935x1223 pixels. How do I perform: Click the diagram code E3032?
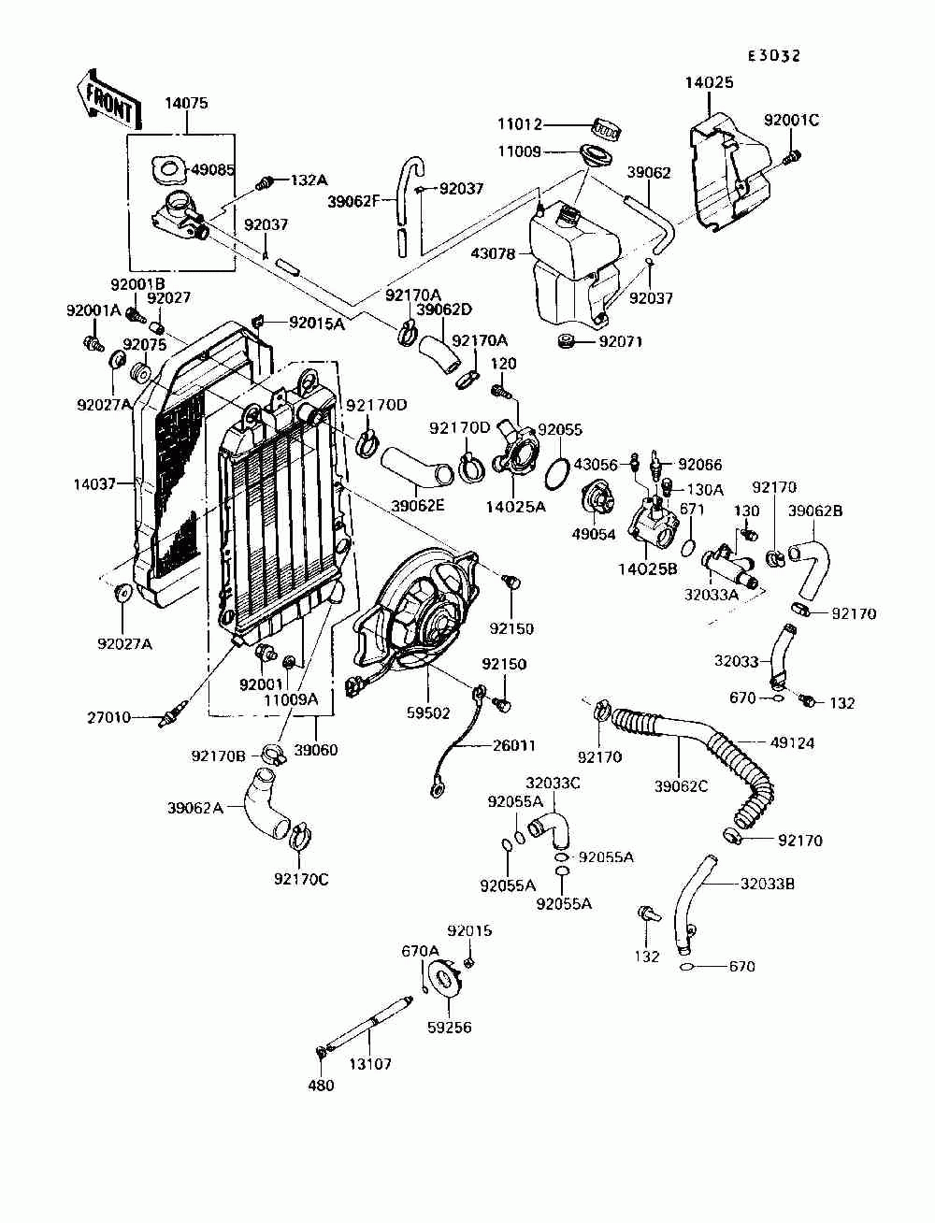click(773, 56)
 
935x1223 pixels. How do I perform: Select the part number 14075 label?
click(186, 103)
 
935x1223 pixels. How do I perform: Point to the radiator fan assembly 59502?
click(416, 608)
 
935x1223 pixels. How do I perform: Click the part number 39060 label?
click(316, 750)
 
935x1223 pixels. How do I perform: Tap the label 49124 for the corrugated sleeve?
click(792, 742)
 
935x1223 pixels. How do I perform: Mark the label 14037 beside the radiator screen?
click(94, 483)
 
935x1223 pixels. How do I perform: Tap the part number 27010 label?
click(108, 718)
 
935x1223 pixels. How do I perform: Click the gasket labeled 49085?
click(166, 170)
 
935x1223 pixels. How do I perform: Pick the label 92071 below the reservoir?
click(621, 341)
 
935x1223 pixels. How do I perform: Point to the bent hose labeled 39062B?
click(809, 565)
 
